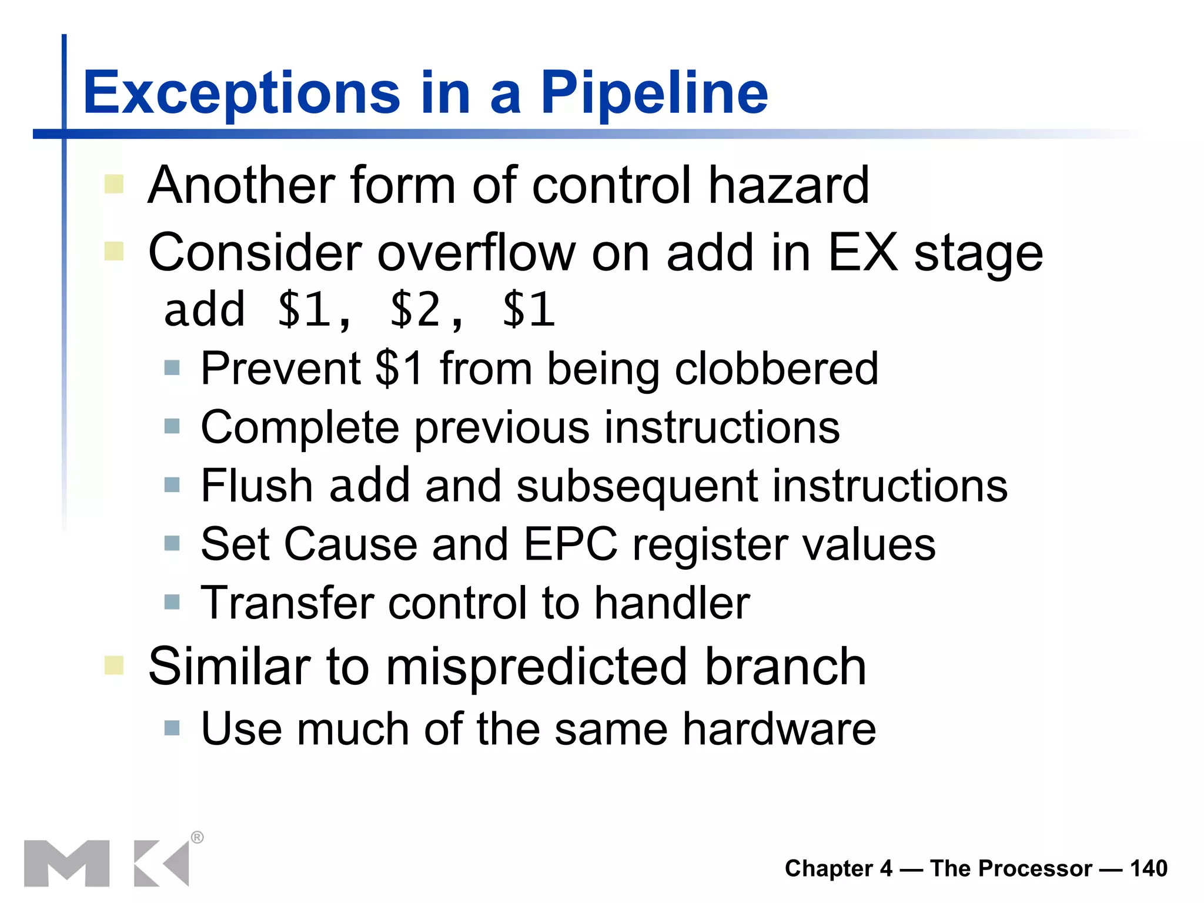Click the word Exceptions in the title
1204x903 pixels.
click(x=242, y=93)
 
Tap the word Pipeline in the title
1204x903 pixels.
click(x=654, y=93)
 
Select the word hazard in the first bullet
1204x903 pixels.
click(x=788, y=185)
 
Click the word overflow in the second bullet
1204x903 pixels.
click(x=476, y=253)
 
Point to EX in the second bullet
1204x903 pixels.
click(x=862, y=253)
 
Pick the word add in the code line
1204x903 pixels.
click(x=204, y=310)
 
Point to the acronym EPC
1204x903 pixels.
click(x=570, y=544)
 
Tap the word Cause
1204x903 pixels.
click(x=350, y=544)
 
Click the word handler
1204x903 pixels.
click(x=672, y=603)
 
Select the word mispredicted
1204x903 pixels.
click(x=536, y=667)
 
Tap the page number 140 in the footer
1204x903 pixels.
click(x=1148, y=868)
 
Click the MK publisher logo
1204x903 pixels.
click(x=106, y=863)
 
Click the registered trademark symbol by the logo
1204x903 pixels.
click(x=198, y=837)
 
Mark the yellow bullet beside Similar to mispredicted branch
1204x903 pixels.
click(x=114, y=665)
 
